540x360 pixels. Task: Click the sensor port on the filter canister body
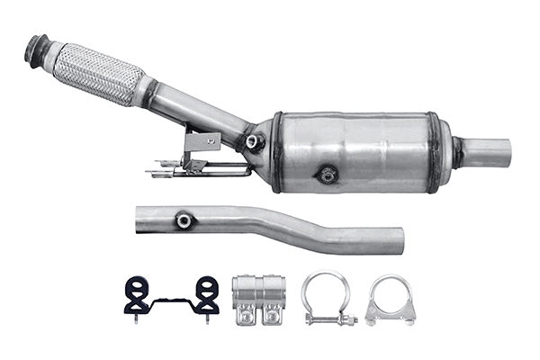[328, 174]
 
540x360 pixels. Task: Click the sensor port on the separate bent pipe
[184, 219]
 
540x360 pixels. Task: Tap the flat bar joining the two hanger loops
[171, 298]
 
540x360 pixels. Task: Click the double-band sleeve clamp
[258, 297]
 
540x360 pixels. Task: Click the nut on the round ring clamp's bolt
[350, 320]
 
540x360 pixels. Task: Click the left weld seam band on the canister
[277, 151]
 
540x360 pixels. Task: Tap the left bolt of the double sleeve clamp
[245, 318]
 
